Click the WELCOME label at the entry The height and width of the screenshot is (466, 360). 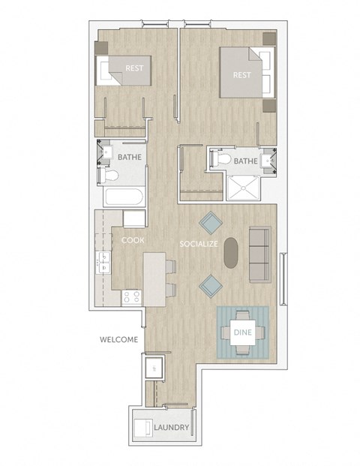(x=118, y=340)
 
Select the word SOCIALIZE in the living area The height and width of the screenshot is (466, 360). (x=198, y=245)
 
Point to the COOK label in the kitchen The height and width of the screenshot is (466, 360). (x=133, y=240)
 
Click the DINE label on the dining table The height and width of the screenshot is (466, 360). (x=242, y=330)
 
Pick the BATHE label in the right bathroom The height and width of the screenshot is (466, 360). (x=245, y=161)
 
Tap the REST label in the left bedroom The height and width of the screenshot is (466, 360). (x=134, y=68)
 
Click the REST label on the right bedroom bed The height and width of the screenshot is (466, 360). (x=241, y=75)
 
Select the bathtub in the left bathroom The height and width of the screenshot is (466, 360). (x=124, y=198)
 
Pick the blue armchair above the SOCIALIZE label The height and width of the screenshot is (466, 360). (x=210, y=221)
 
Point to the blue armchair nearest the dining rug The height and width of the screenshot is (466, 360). (x=211, y=284)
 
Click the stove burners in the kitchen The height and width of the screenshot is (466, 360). (x=131, y=296)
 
